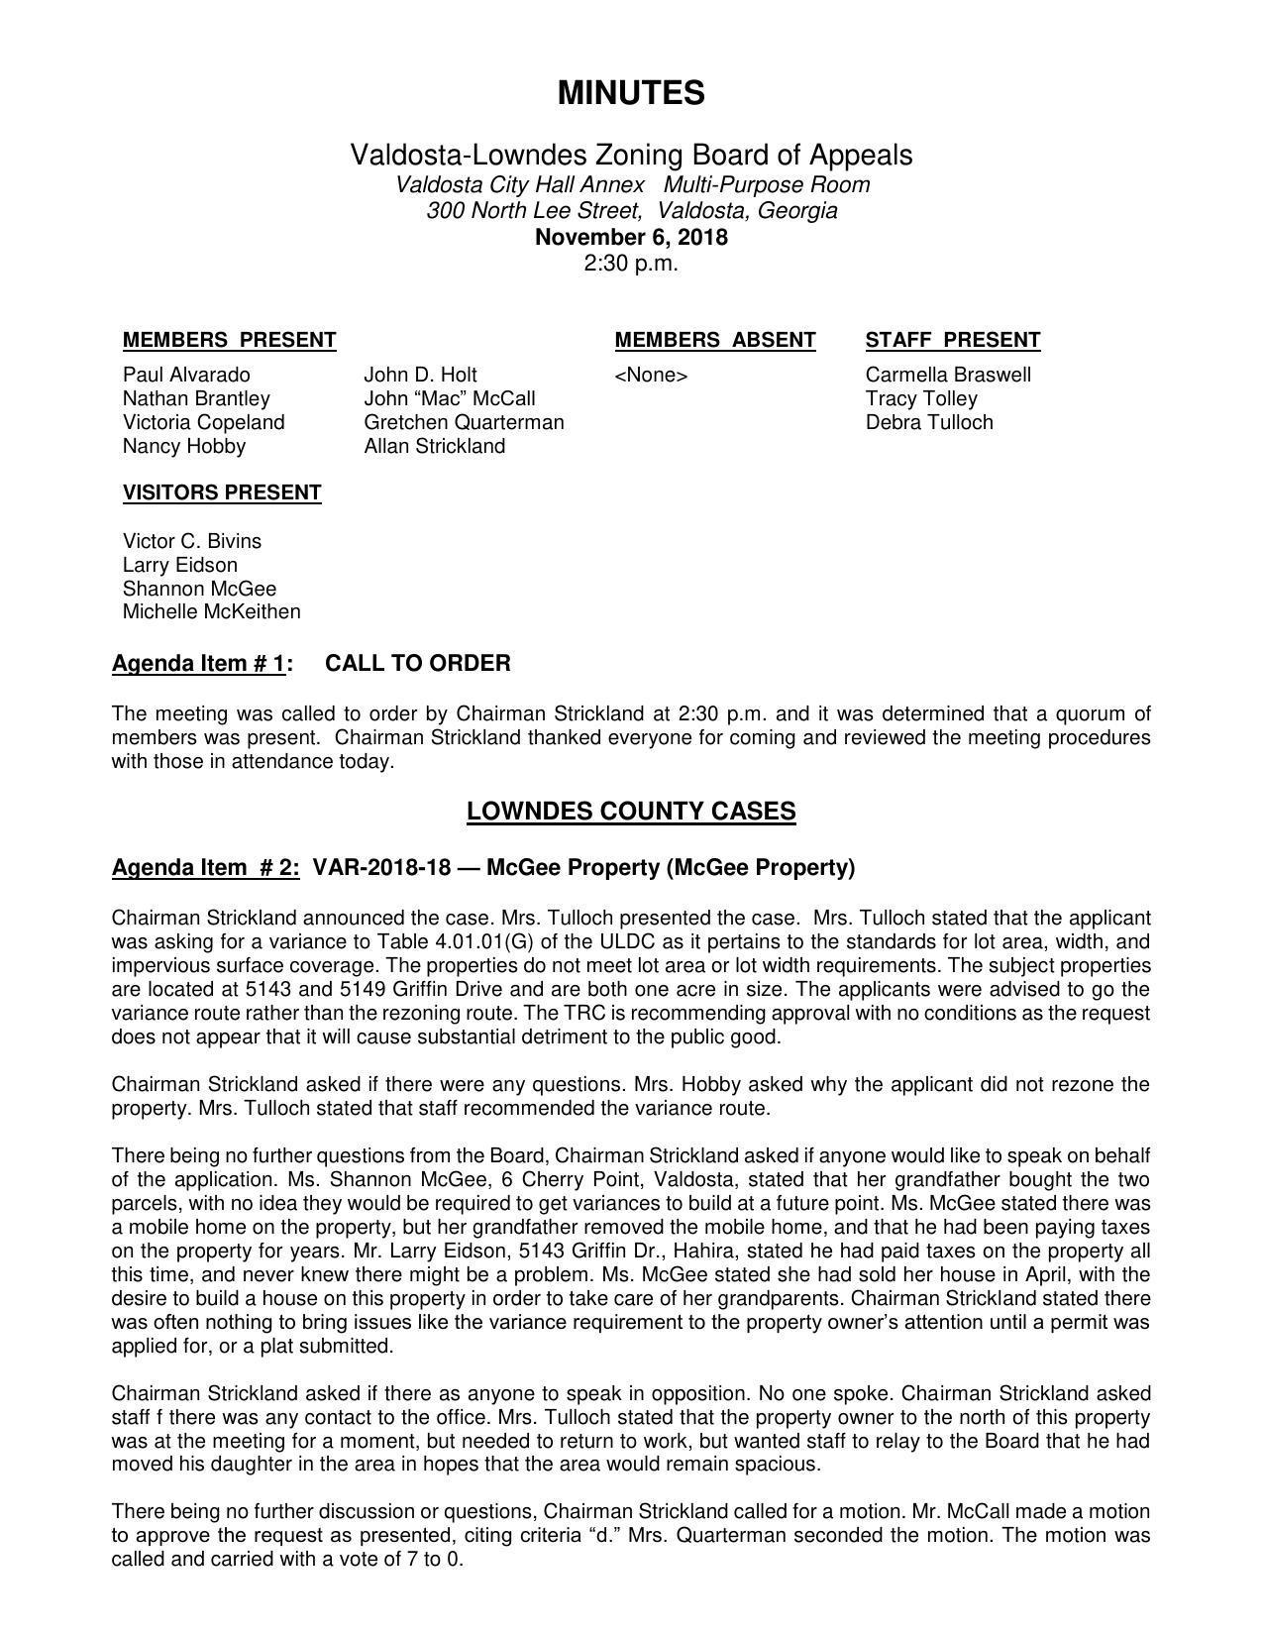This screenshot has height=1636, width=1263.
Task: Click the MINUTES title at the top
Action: (x=631, y=93)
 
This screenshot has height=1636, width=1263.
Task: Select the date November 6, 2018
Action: (x=631, y=238)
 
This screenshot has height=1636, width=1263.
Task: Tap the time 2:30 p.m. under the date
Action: (x=631, y=264)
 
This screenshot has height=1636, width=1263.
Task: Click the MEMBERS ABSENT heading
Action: (x=714, y=341)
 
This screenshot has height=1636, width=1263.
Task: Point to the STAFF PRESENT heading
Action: (x=952, y=341)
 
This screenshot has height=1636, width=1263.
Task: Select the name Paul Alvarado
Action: (x=186, y=376)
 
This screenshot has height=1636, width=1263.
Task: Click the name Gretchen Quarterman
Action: (x=464, y=423)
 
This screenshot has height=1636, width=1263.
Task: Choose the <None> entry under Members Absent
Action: (x=651, y=376)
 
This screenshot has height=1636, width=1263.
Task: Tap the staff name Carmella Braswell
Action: (x=948, y=376)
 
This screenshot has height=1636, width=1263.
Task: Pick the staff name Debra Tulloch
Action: (x=929, y=423)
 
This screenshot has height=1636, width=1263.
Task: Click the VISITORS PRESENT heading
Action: (x=222, y=493)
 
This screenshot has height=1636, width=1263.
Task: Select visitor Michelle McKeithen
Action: (x=211, y=612)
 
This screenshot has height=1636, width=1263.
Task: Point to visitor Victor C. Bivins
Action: (x=192, y=542)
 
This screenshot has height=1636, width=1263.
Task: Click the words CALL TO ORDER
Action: (x=418, y=664)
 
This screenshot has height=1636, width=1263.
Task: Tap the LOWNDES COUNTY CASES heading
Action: (x=631, y=813)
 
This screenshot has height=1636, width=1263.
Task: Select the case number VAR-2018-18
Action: (x=381, y=868)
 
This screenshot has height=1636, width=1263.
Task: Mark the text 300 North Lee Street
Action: (x=533, y=211)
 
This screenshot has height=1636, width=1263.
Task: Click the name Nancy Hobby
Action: (x=184, y=447)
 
